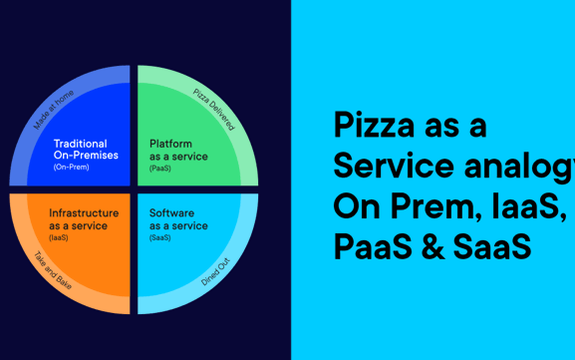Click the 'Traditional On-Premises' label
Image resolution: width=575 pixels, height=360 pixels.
[x=86, y=149]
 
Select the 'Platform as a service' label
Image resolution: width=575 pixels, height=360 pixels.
[x=178, y=150]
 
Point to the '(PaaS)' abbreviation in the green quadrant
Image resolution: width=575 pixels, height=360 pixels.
[x=160, y=168]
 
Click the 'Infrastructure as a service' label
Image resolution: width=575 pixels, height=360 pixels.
[x=84, y=218]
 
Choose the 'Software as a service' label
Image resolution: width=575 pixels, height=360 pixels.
[x=178, y=218]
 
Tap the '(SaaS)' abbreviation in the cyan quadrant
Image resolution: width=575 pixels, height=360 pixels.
[x=160, y=236]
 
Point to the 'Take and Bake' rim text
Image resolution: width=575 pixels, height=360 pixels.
[x=54, y=272]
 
